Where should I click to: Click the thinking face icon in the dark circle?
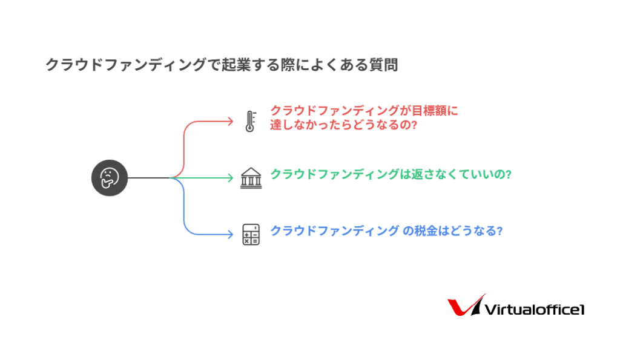click(x=110, y=178)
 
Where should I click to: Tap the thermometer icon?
click(x=250, y=121)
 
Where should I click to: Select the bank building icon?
click(x=251, y=178)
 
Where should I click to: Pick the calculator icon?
click(x=251, y=234)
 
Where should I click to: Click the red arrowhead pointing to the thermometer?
click(x=230, y=122)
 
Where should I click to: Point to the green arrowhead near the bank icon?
click(x=230, y=178)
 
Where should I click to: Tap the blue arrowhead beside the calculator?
click(x=230, y=234)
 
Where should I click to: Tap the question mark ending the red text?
click(x=414, y=125)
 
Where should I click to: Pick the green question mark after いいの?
click(x=508, y=174)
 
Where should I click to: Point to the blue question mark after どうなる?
click(x=500, y=231)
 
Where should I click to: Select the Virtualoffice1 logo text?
click(x=535, y=309)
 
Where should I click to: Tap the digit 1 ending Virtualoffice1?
click(x=581, y=310)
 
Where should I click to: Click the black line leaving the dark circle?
click(x=149, y=178)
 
